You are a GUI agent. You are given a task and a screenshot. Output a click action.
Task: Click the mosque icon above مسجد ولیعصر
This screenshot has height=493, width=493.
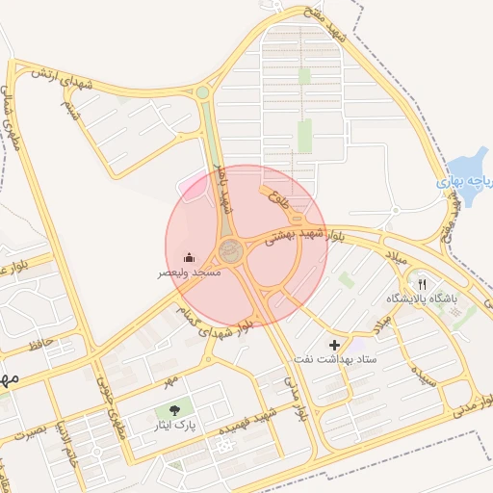189,257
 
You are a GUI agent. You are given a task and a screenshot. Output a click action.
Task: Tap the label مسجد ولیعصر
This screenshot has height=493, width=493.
190,273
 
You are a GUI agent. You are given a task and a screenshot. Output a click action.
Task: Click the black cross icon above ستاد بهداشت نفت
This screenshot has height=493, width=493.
335,345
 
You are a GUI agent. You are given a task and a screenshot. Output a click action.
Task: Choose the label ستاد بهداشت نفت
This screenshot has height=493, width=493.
335,359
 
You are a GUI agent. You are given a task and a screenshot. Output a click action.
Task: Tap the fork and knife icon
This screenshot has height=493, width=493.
422,285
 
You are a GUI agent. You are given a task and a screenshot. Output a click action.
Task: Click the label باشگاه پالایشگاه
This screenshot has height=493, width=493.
422,299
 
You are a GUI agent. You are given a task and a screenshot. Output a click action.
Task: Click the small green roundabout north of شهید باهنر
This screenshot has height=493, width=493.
202,93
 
